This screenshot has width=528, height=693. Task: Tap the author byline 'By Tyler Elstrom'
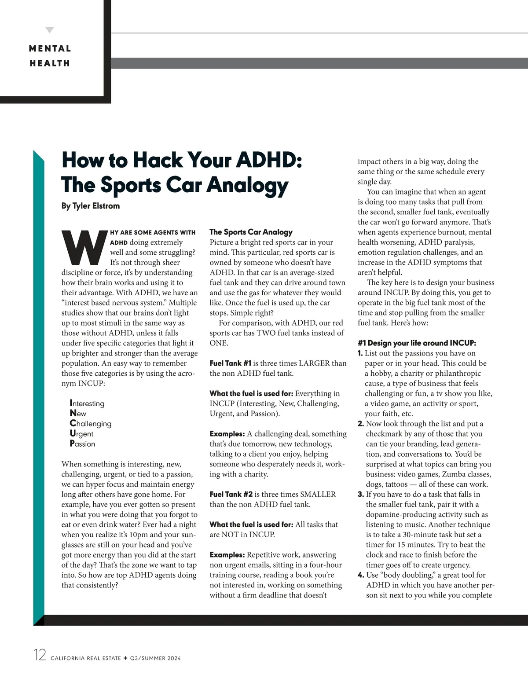90,206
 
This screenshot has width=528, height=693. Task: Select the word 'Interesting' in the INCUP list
87,403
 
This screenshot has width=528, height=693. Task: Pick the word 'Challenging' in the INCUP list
91,424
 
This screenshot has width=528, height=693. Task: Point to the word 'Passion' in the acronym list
82,444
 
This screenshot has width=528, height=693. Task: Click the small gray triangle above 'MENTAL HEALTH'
50,30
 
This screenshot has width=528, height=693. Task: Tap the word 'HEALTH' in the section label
50,63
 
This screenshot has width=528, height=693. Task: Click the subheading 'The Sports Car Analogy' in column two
251,232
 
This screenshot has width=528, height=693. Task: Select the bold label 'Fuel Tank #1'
230,363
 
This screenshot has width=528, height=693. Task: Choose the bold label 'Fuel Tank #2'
231,495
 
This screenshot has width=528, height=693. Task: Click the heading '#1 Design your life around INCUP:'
417,343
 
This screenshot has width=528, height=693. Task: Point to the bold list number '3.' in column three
360,495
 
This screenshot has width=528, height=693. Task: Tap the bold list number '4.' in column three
361,575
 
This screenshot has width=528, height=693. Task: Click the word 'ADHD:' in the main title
269,160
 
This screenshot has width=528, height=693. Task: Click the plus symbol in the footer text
125,658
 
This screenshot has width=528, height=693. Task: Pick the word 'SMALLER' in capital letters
318,495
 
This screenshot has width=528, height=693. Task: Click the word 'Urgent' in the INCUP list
81,434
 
